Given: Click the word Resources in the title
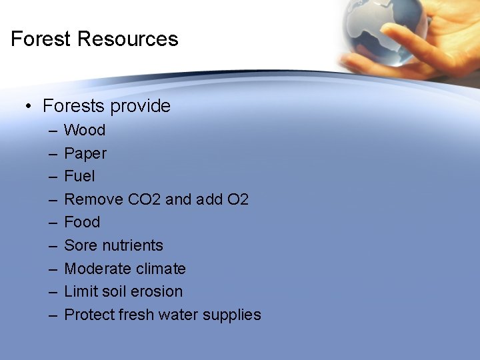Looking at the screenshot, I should tap(128, 39).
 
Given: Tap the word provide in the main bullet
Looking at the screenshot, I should tap(141, 106).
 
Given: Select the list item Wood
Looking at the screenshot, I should tap(85, 130).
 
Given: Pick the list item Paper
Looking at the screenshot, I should tap(85, 153).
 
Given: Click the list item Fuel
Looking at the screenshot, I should tap(79, 176).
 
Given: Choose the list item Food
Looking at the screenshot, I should tap(82, 222).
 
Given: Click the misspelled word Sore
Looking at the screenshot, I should tap(80, 245).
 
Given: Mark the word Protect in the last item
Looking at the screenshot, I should tap(87, 315).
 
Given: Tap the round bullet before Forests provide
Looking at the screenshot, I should tap(29, 106).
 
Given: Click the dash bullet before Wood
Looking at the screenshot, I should tap(53, 130).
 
